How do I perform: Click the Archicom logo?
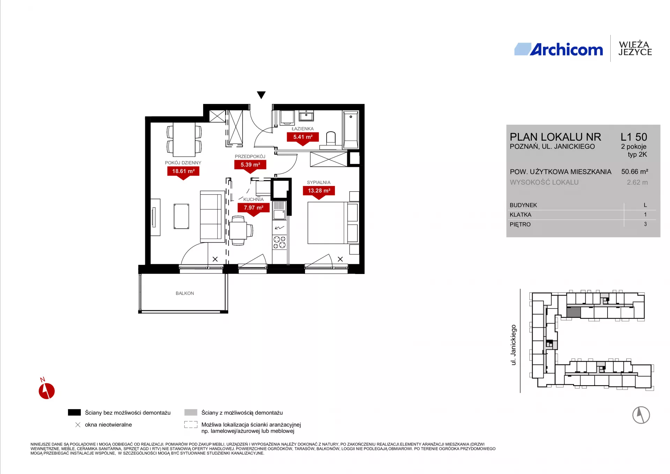pos(558,49)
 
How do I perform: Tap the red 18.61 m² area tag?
pos(183,172)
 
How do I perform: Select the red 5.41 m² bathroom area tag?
pos(303,138)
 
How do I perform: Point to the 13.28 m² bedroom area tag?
pos(319,192)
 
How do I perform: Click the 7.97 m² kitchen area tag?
pos(254,209)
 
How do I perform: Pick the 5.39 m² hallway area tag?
pos(250,165)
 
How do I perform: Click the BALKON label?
pos(185,293)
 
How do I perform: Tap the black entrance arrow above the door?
pos(261,95)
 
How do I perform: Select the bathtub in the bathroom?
pos(351,130)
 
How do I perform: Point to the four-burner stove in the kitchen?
pos(279,242)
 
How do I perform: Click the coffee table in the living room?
pos(181,216)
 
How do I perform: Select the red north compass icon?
pos(46,389)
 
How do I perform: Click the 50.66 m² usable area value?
pos(634,172)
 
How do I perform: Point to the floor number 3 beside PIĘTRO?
pos(645,224)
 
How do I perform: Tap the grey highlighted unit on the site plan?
pos(573,312)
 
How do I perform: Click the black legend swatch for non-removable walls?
pos(74,413)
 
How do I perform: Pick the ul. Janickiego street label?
pos(513,345)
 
